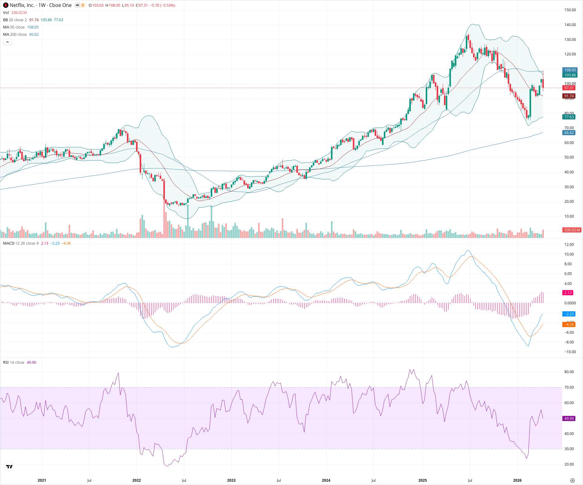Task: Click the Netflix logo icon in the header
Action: click(6, 5)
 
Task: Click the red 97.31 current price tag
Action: click(569, 88)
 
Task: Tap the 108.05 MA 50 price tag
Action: click(570, 70)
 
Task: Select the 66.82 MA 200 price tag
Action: click(569, 133)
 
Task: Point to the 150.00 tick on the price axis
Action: click(570, 10)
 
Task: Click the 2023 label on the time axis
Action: click(231, 480)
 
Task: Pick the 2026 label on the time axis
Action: click(517, 480)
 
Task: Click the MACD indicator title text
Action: click(9, 243)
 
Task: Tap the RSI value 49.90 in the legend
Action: click(31, 363)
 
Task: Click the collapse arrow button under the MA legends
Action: click(7, 42)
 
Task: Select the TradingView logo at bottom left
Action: click(9, 467)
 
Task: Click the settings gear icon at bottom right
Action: click(572, 480)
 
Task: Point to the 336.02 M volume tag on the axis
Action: click(572, 230)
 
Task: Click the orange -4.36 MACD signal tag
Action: click(569, 325)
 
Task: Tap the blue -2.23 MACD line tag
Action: click(569, 314)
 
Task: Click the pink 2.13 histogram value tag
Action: click(568, 293)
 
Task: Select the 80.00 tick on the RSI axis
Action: click(569, 372)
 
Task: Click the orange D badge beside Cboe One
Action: click(83, 5)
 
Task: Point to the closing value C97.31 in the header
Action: click(141, 5)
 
